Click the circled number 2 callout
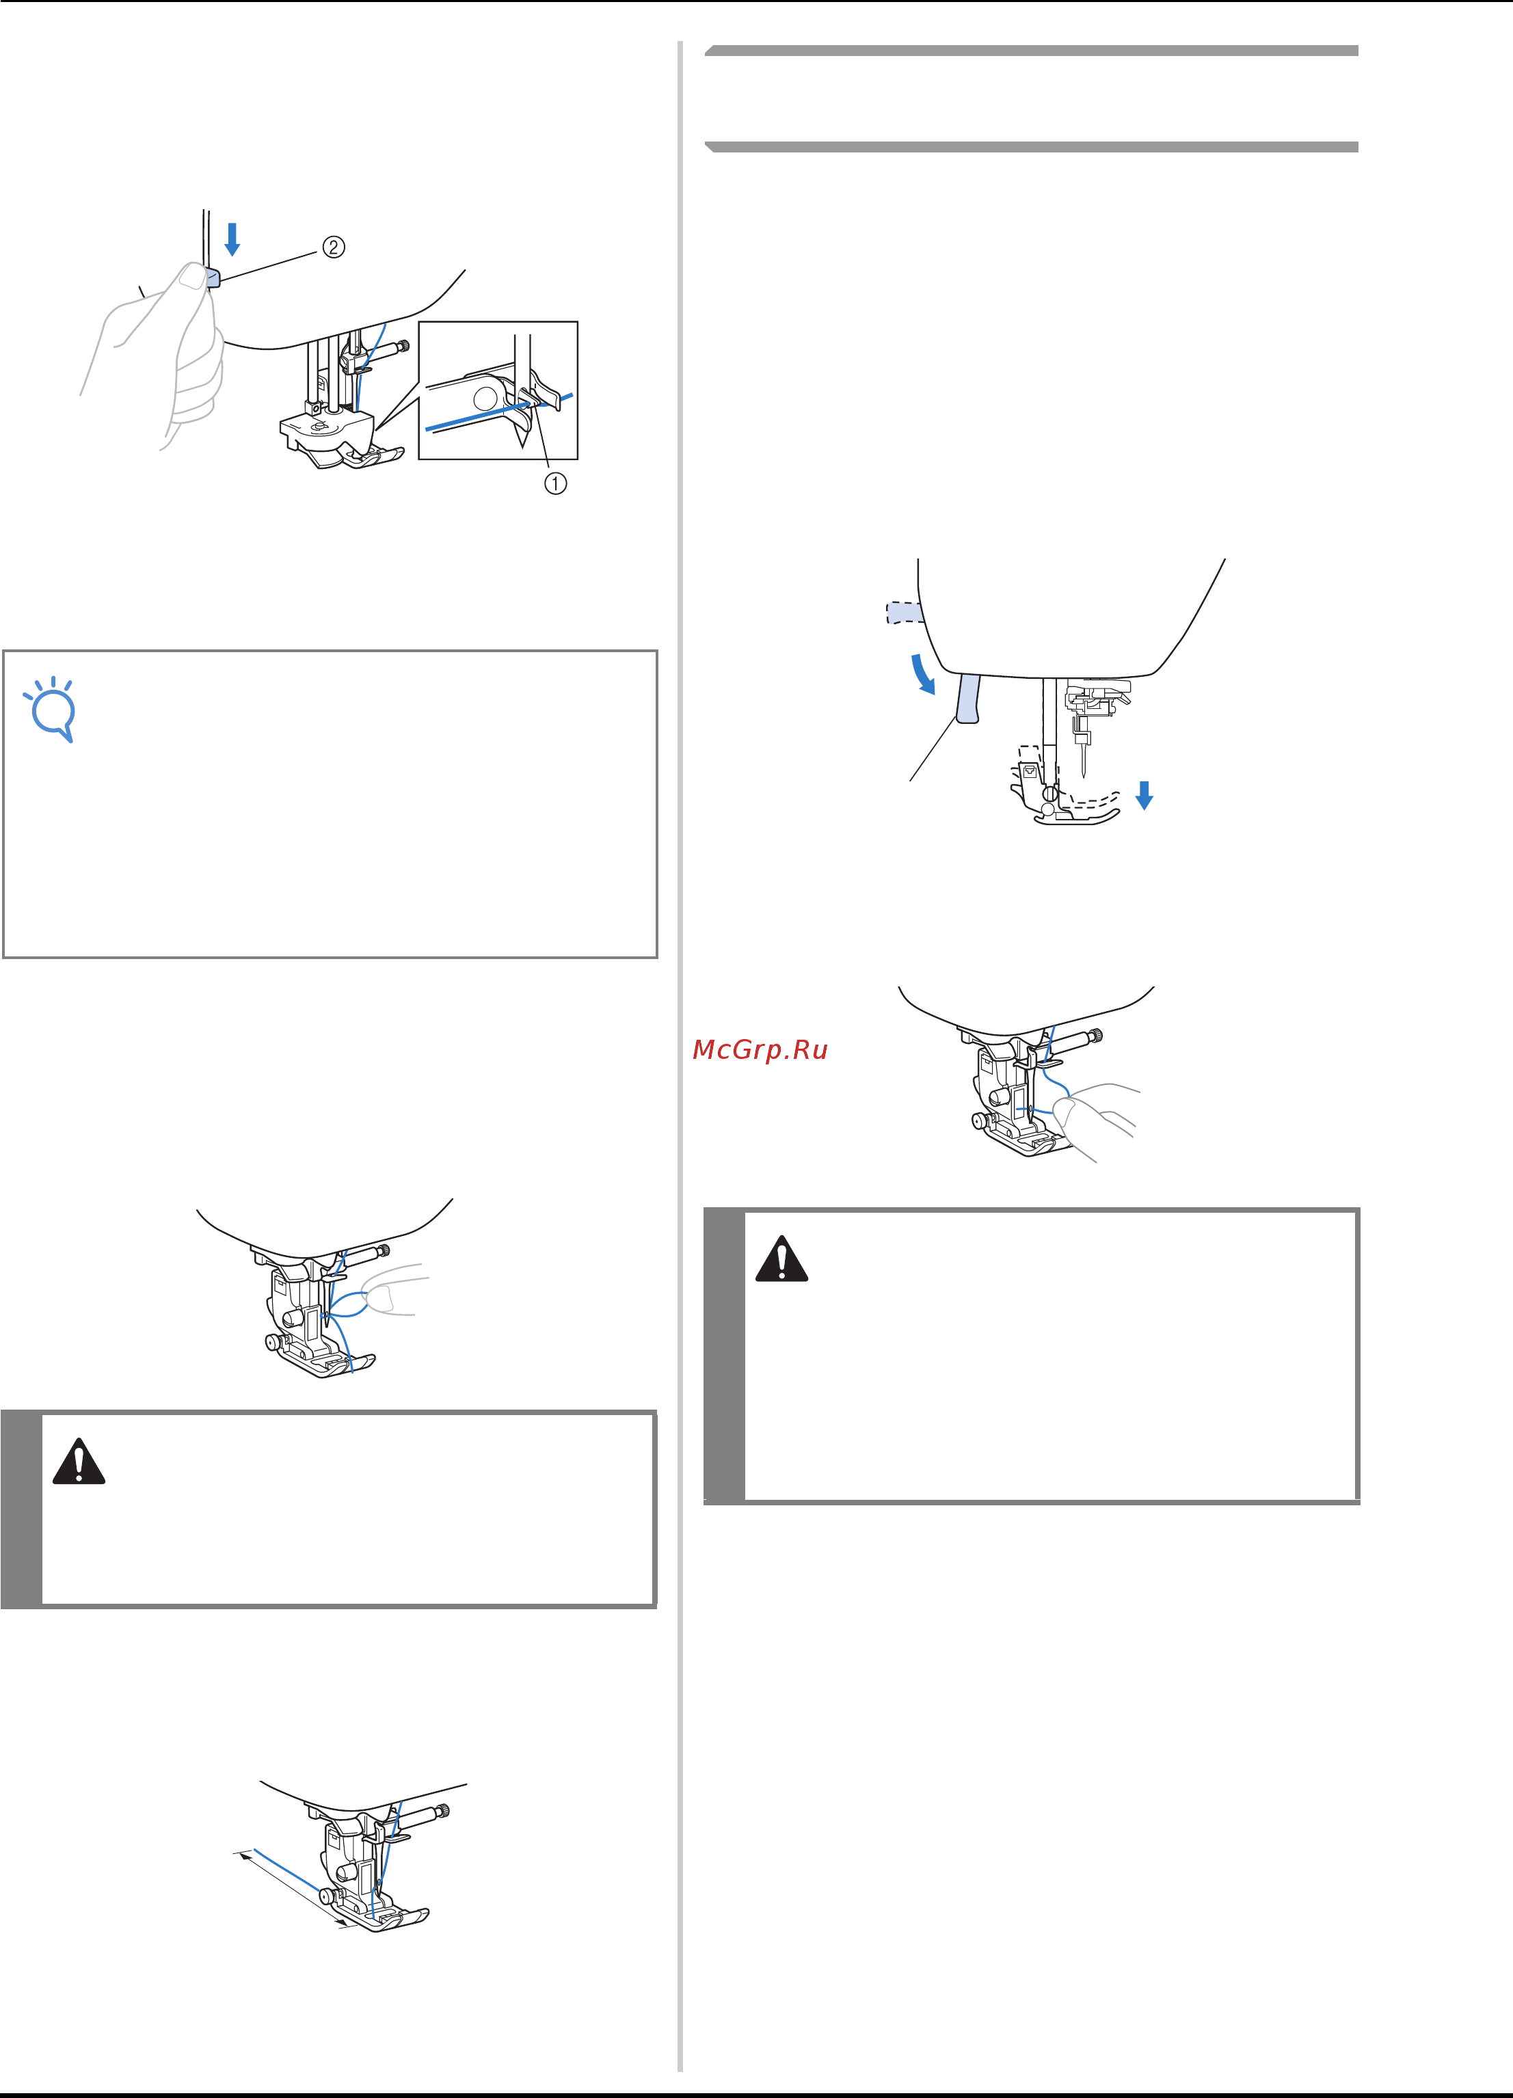pos(333,247)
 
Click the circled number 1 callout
pos(554,483)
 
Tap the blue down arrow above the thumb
pos(232,239)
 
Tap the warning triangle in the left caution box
pos(79,1462)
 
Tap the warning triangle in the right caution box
pos(782,1258)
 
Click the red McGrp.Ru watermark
pos(760,1050)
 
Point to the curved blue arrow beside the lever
pos(922,673)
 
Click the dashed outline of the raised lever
pos(905,613)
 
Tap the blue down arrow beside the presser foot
pos(1144,794)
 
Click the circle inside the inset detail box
pos(484,398)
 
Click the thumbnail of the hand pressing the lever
pos(193,275)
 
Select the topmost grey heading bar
pos(1031,51)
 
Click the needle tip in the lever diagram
pos(1083,775)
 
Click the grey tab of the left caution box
pos(21,1509)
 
